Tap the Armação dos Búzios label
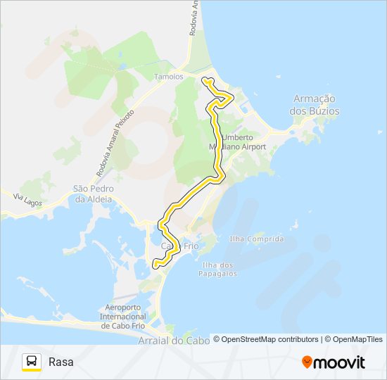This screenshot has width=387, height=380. point(315,106)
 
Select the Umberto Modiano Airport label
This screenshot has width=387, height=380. point(243,142)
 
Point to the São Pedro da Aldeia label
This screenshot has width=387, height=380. point(94,194)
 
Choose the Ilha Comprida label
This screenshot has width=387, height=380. point(257,239)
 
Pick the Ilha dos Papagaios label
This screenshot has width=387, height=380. point(219,270)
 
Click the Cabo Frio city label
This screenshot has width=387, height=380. point(181,247)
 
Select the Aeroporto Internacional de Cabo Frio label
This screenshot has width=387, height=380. point(124,317)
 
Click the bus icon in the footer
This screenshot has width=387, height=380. point(32,362)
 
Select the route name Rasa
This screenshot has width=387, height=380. point(61,362)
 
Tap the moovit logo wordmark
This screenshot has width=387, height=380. point(339,362)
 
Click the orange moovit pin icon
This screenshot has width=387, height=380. point(307,362)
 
